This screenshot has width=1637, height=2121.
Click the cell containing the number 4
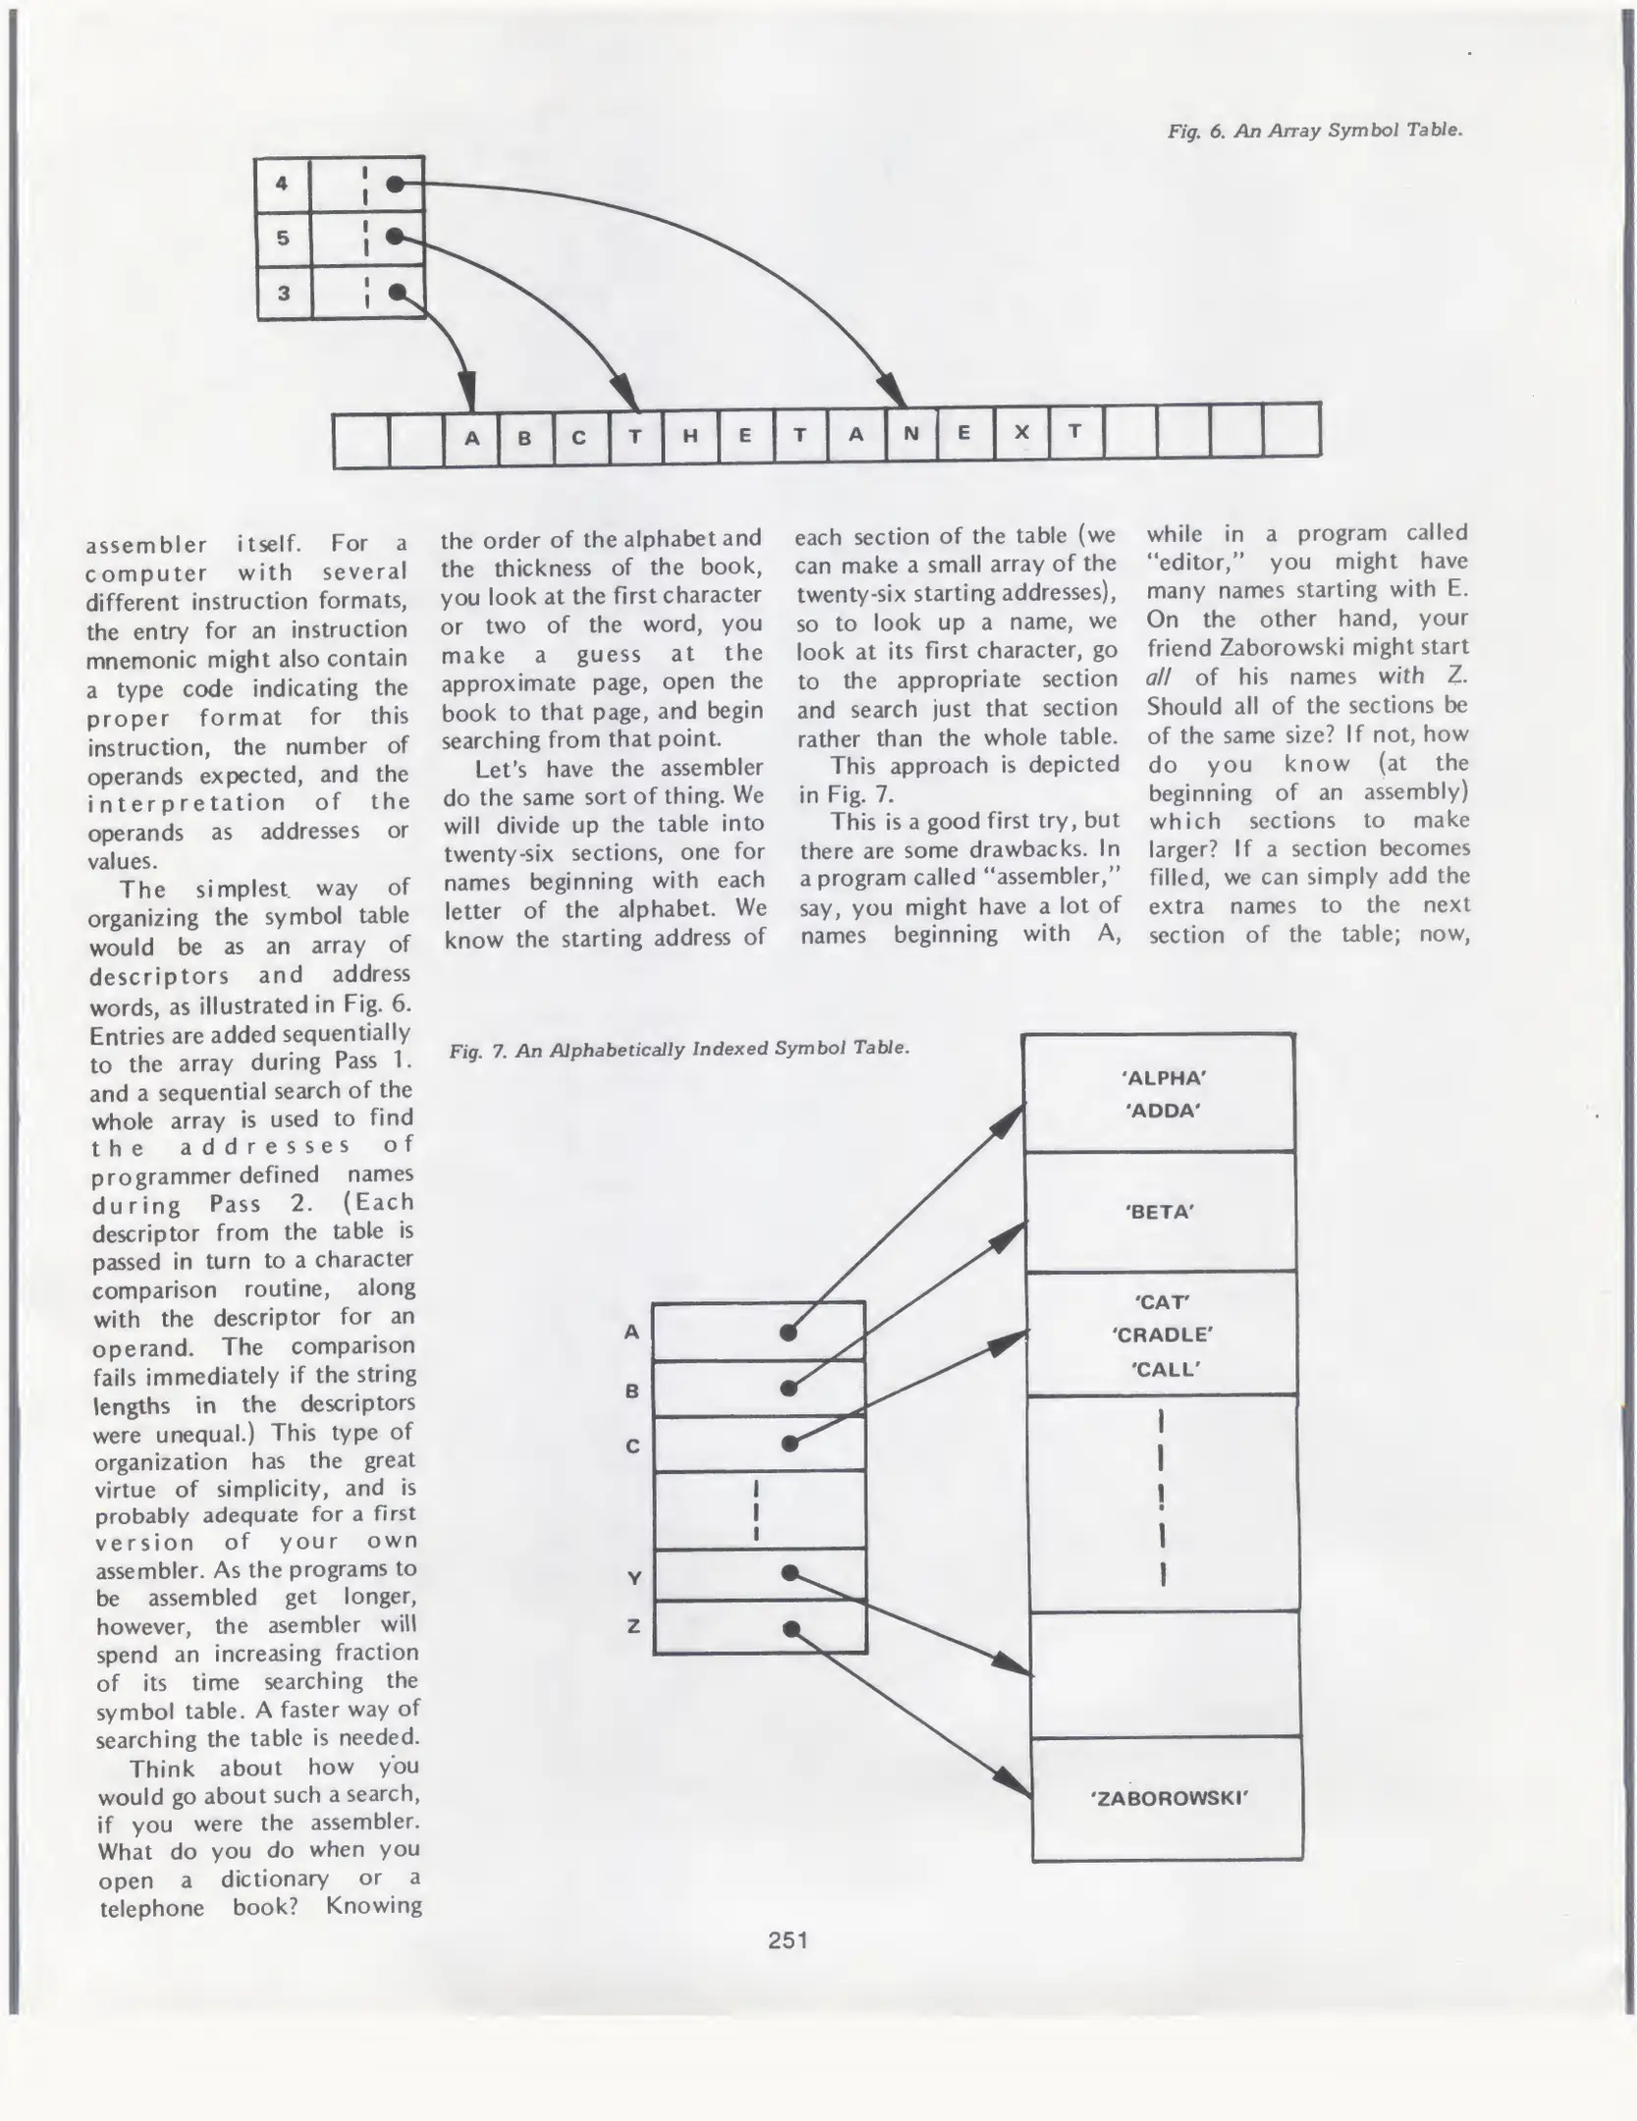click(x=283, y=184)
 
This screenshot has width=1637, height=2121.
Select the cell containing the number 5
click(x=283, y=238)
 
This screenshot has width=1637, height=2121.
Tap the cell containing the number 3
click(x=284, y=293)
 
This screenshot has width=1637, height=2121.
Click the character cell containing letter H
click(x=690, y=437)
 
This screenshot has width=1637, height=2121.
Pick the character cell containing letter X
click(x=1022, y=433)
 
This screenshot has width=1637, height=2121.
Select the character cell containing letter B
click(x=524, y=438)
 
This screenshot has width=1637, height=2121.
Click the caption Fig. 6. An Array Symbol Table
click(x=1315, y=131)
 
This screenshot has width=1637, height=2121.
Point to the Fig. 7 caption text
click(x=679, y=1049)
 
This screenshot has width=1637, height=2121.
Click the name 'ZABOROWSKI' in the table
click(x=1168, y=1799)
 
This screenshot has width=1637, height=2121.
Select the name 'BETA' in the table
click(x=1160, y=1212)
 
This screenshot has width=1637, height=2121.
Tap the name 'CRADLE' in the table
click(x=1163, y=1334)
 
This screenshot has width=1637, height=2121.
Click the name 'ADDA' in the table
click(x=1163, y=1111)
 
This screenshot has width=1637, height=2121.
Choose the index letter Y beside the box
click(x=634, y=1578)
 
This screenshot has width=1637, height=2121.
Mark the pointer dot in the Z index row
click(x=791, y=1629)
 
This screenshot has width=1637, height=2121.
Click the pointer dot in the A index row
click(x=788, y=1332)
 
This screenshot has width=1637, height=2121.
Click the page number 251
click(x=788, y=1939)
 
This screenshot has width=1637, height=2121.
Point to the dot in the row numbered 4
click(x=395, y=184)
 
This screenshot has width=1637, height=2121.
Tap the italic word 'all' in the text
click(x=1160, y=678)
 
